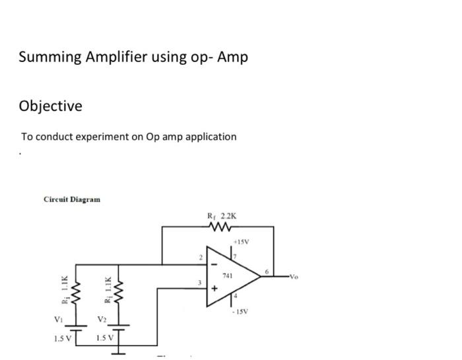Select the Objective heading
[x=51, y=106]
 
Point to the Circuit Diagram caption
[x=72, y=199]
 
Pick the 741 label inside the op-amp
[x=228, y=273]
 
